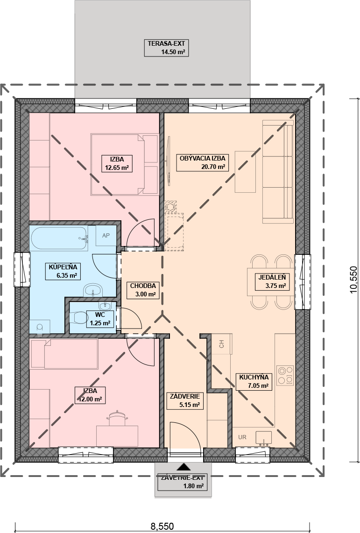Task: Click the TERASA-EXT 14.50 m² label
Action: click(166, 48)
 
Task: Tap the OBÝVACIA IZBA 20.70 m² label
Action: click(202, 162)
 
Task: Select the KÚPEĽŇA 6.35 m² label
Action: click(63, 271)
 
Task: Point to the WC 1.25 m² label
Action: click(100, 319)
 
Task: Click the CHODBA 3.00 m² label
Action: click(143, 290)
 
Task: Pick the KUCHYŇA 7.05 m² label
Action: click(254, 381)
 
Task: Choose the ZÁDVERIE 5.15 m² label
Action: click(185, 400)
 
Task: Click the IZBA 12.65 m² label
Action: click(117, 163)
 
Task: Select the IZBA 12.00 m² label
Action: click(90, 395)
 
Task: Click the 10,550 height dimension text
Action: click(353, 279)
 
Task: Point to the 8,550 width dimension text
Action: click(162, 526)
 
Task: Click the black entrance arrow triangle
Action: click(184, 466)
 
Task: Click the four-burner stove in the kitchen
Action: click(285, 375)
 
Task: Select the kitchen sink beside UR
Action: click(263, 438)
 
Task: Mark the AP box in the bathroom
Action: click(106, 235)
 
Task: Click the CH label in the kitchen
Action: click(222, 344)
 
